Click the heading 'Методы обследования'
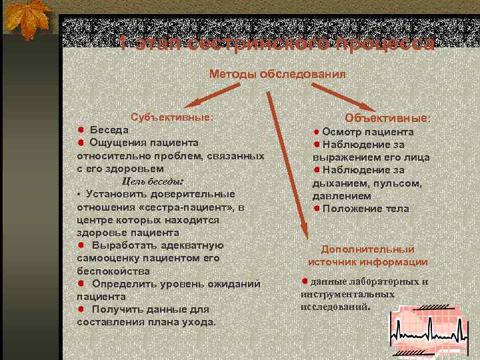click(x=278, y=74)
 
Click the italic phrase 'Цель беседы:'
click(x=153, y=181)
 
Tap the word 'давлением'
click(x=343, y=196)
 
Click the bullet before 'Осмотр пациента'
click(x=318, y=132)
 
